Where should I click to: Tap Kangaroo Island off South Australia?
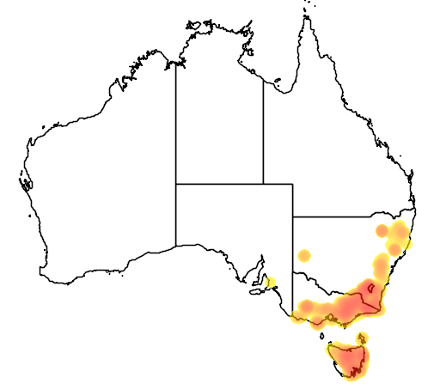(x=256, y=290)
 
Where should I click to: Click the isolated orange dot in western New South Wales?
(x=303, y=255)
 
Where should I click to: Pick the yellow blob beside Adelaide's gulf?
(x=271, y=282)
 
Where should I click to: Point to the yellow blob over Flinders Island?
(x=363, y=336)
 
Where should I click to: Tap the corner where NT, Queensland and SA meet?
(x=263, y=183)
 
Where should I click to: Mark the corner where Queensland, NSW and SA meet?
(x=293, y=216)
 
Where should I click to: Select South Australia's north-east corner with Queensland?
(x=293, y=183)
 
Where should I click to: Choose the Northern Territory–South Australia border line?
(x=219, y=183)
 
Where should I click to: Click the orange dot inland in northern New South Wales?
(x=382, y=230)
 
